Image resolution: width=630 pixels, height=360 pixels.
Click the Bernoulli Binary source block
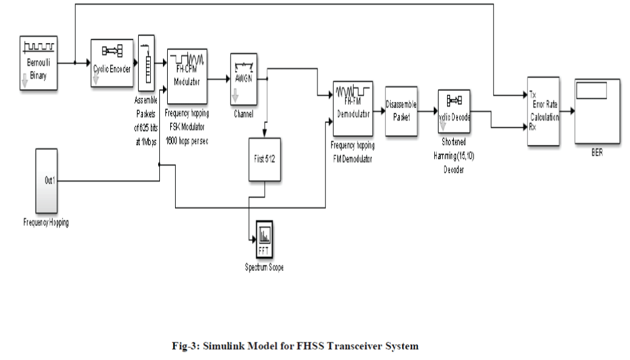tap(39, 62)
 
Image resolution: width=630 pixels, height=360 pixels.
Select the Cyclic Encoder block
tap(111, 64)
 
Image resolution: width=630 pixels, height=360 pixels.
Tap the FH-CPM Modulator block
tap(187, 76)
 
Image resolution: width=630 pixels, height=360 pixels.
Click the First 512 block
tap(265, 159)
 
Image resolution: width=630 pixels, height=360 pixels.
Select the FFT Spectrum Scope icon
tap(264, 241)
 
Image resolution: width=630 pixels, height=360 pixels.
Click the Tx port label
tap(532, 95)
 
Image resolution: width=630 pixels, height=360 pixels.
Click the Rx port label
tap(532, 127)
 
